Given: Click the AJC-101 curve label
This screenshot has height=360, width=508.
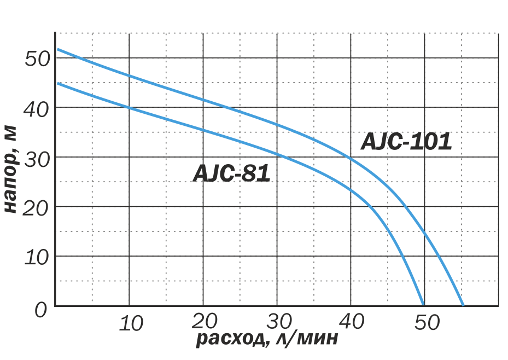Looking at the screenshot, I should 406,142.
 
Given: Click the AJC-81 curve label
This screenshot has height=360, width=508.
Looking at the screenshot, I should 232,174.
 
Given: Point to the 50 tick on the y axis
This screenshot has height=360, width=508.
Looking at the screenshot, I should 38,58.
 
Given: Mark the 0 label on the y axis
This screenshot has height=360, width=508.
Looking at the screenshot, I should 42,310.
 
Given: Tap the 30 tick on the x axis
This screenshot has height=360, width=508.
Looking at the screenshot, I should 280,322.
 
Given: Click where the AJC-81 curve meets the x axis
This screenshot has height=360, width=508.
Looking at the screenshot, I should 423,305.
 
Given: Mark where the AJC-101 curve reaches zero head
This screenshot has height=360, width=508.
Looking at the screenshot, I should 463,305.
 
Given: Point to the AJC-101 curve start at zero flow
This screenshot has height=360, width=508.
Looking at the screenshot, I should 57,49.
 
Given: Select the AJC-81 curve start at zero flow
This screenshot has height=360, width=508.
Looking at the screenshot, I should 57,83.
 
